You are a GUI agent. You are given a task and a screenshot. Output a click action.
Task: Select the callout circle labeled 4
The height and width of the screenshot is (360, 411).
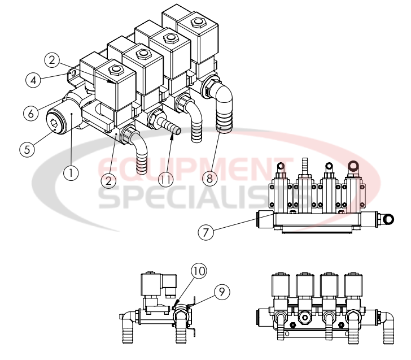tap(33, 80)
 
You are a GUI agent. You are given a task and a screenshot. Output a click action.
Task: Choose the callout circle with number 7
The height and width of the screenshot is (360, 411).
tap(206, 232)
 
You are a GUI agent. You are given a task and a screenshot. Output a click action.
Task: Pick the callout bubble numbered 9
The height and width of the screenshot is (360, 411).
tap(222, 292)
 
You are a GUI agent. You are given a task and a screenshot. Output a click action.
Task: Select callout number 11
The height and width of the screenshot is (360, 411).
tap(165, 179)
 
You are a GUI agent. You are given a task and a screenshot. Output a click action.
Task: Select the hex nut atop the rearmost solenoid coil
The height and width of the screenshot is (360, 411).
tap(198, 24)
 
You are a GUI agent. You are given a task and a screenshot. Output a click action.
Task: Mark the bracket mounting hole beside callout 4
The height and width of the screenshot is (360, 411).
tap(72, 73)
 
